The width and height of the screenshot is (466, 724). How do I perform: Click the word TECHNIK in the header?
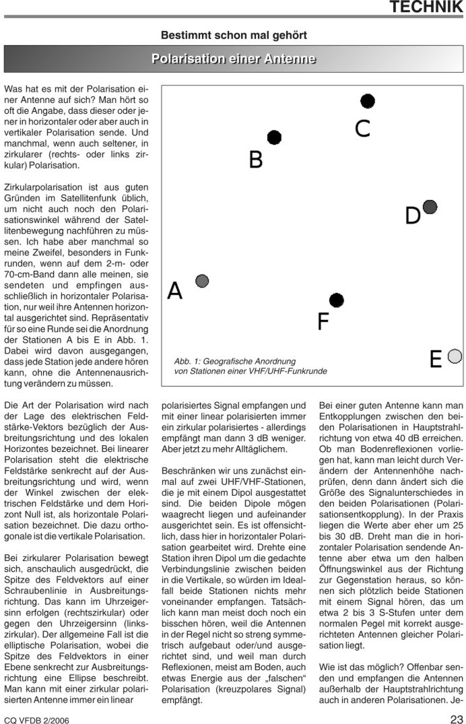[x=426, y=8]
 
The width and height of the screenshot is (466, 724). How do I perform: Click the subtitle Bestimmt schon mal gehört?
[x=234, y=34]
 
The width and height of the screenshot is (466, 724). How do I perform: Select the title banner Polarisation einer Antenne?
[x=234, y=59]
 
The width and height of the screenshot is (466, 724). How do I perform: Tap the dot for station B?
[x=274, y=137]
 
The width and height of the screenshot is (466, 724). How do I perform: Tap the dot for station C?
[x=367, y=101]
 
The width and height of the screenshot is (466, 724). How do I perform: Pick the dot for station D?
[x=430, y=207]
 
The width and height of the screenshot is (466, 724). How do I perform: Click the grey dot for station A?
[x=202, y=281]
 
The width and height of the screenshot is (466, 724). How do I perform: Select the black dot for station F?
[x=337, y=300]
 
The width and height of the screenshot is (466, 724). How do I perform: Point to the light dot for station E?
[x=455, y=356]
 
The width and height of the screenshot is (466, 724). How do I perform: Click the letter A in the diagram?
[x=175, y=290]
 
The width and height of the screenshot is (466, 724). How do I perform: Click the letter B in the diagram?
[x=256, y=160]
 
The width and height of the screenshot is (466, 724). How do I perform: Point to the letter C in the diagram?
[x=363, y=128]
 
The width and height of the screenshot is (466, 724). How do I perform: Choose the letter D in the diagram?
[x=413, y=216]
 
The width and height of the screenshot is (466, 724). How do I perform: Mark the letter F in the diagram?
[x=323, y=322]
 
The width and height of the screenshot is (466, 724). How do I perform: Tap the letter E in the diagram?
[x=436, y=360]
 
